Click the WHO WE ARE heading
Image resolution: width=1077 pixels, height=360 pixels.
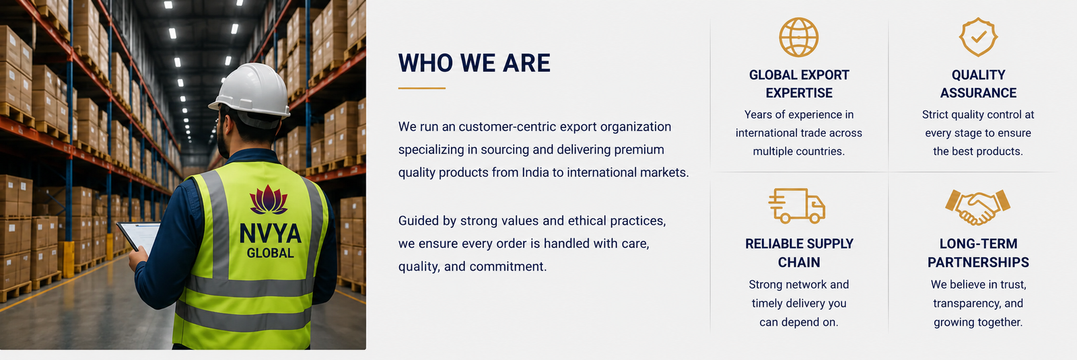point(474,63)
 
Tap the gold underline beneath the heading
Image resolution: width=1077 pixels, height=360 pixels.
point(421,88)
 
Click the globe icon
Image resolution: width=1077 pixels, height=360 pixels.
point(798,37)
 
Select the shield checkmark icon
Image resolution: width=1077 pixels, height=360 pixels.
point(978,37)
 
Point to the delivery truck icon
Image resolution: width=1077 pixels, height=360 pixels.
point(797,206)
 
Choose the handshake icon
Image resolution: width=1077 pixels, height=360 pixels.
point(978,207)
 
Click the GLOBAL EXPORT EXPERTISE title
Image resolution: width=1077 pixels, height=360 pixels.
point(799,83)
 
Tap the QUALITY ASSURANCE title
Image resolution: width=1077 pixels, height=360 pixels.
point(978,83)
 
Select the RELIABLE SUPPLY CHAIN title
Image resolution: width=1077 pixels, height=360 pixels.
point(799,253)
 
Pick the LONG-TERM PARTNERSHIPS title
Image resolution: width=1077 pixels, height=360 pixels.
point(978,253)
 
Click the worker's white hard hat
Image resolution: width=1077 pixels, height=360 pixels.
point(251,92)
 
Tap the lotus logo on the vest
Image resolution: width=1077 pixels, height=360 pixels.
point(269,199)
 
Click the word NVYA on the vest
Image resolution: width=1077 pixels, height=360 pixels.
point(270,233)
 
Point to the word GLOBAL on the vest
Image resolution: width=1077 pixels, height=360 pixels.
point(270,253)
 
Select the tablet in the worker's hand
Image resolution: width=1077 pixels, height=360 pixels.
point(139,236)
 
